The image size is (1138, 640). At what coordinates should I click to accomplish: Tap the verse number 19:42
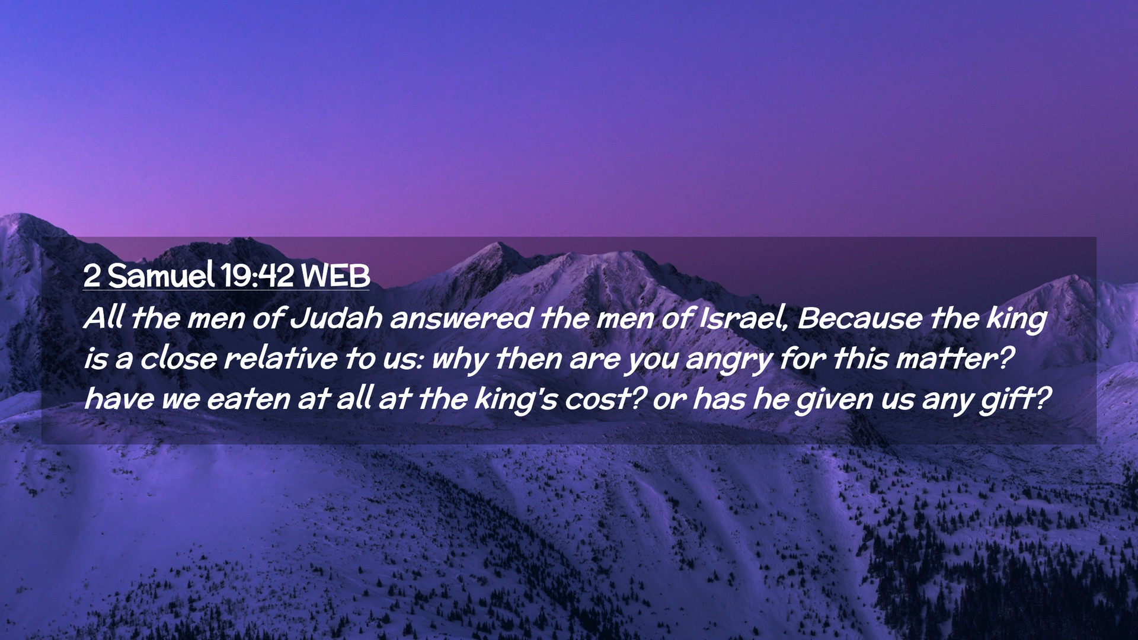pyautogui.click(x=257, y=276)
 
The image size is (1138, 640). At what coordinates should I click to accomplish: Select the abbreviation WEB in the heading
pyautogui.click(x=335, y=276)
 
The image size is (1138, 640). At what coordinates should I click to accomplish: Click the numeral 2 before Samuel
pyautogui.click(x=92, y=276)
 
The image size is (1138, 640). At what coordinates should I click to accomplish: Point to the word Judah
pyautogui.click(x=336, y=318)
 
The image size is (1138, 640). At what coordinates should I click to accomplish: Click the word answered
pyautogui.click(x=461, y=318)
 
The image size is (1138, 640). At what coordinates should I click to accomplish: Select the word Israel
pyautogui.click(x=744, y=318)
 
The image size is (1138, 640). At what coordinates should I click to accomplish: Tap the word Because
pyautogui.click(x=859, y=318)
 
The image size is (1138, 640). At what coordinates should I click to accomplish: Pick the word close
pyautogui.click(x=178, y=359)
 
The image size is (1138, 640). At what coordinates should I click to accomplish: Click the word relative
pyautogui.click(x=281, y=359)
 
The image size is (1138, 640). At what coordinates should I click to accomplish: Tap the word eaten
pyautogui.click(x=249, y=399)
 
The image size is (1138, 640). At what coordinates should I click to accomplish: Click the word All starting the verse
pyautogui.click(x=104, y=318)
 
